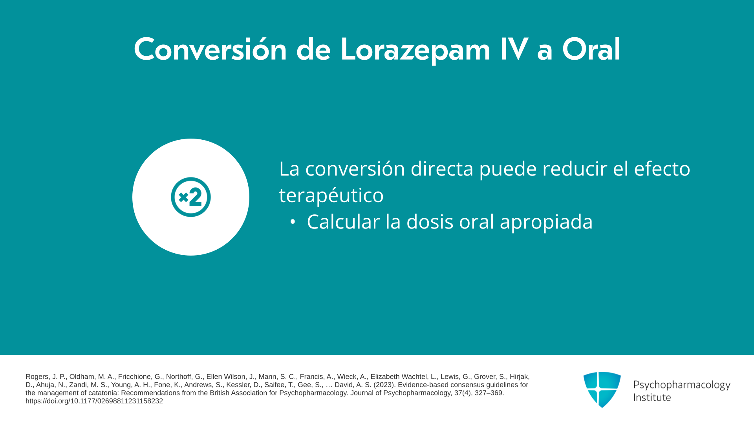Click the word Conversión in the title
(x=210, y=49)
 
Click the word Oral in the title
(x=591, y=49)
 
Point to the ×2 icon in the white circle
(x=191, y=197)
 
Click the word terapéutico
(x=331, y=196)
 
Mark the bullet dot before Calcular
(x=292, y=222)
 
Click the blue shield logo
(x=602, y=389)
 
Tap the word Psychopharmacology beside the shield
(x=682, y=385)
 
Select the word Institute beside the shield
(x=652, y=397)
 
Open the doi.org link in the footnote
(x=94, y=401)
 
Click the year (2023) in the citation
(x=384, y=385)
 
